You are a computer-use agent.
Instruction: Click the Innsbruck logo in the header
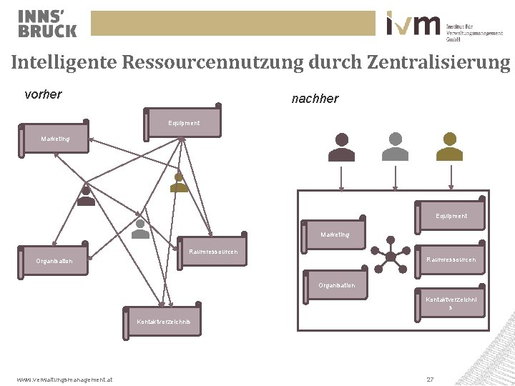click(x=46, y=23)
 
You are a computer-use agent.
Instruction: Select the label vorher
click(x=43, y=94)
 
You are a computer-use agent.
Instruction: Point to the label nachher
click(x=315, y=99)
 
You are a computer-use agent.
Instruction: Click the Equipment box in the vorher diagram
click(x=184, y=122)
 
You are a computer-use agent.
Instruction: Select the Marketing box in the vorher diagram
click(x=56, y=138)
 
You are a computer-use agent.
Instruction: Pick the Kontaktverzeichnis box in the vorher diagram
click(x=164, y=321)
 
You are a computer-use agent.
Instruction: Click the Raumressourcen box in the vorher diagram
click(x=212, y=251)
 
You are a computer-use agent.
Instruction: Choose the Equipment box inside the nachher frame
click(x=451, y=215)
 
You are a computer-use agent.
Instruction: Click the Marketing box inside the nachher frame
click(x=335, y=234)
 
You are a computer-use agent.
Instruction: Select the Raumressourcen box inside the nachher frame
click(x=451, y=259)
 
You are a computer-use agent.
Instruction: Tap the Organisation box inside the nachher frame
click(x=336, y=285)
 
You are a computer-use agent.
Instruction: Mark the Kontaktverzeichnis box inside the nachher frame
click(x=451, y=303)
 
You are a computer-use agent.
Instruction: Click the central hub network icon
click(x=391, y=255)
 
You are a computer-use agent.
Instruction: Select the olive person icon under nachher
click(x=449, y=147)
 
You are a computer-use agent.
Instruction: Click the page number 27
click(x=430, y=379)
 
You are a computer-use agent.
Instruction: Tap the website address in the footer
click(x=64, y=379)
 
